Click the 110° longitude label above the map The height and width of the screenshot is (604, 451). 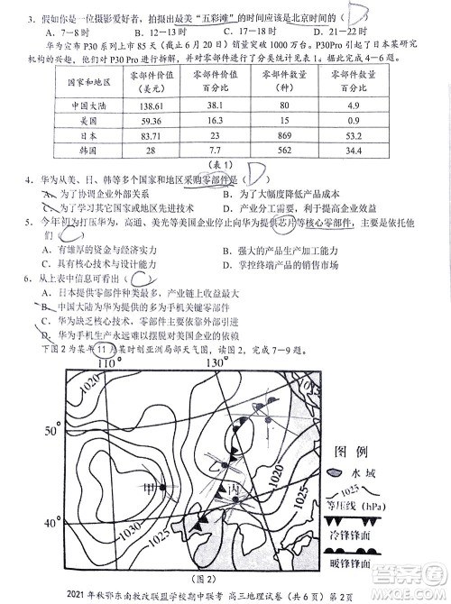pos(109,362)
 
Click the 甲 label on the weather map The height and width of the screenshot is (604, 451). pos(147,488)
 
